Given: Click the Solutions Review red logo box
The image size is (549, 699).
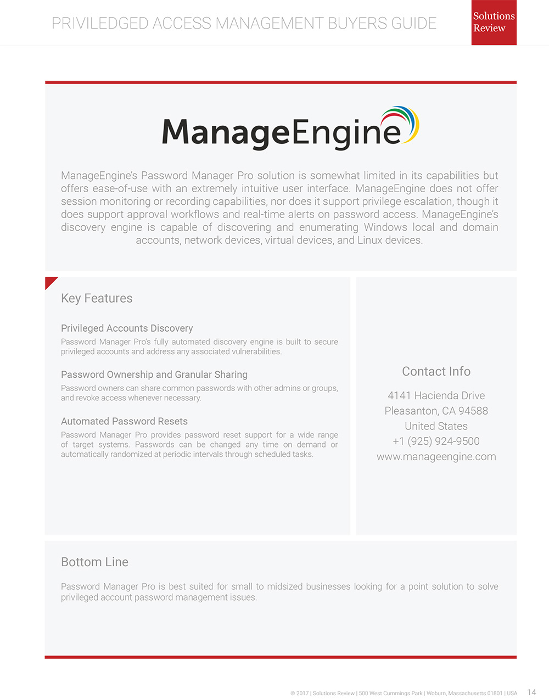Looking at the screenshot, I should point(494,23).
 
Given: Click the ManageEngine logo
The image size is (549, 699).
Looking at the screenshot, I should point(290,128).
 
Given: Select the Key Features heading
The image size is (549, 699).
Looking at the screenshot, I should point(97,298).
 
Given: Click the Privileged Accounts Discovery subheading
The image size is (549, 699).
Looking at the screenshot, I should point(127,328).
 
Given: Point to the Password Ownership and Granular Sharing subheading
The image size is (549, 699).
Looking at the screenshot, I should point(154,374).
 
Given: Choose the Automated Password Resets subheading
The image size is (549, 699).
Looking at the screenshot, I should point(124,421).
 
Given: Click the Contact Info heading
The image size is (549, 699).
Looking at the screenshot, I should point(436,371).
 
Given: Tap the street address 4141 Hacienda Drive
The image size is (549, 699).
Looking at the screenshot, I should point(436,395).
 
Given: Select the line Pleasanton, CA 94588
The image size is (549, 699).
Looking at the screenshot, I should point(436,411).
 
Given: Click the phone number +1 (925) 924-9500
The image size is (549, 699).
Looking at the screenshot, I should point(436,441).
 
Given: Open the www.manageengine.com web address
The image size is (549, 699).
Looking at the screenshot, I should point(436,456).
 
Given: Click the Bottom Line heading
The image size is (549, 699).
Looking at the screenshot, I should point(94,562).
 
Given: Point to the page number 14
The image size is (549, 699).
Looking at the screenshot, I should point(531,692).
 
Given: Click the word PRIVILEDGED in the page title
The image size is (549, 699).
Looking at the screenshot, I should point(100,23).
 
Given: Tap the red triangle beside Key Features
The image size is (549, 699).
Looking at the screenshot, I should point(49,282).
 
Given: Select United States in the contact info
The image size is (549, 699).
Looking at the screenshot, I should point(436,426).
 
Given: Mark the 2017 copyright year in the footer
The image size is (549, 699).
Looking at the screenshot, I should point(302,694).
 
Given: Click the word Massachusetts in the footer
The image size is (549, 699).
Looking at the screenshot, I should point(466,694).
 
